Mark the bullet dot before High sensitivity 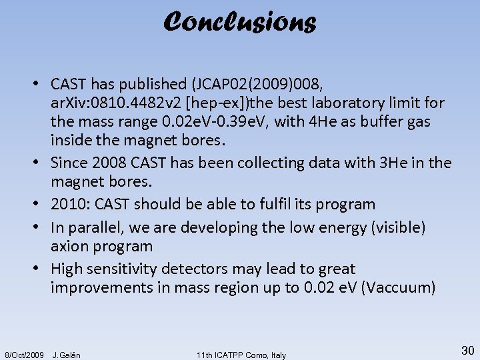click(41, 269)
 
